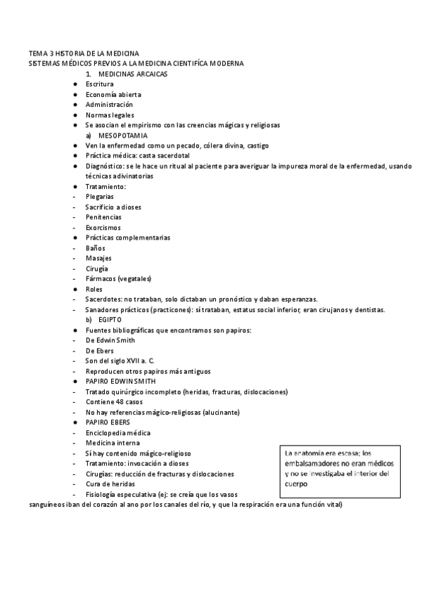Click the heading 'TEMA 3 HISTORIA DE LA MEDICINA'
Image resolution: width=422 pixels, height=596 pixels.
click(84, 53)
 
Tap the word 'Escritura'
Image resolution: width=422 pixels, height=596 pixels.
click(100, 84)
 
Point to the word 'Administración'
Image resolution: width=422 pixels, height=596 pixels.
click(109, 105)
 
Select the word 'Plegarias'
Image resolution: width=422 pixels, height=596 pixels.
click(101, 197)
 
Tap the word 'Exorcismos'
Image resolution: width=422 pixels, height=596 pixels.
click(103, 228)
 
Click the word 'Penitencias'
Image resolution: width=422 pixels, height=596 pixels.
click(103, 217)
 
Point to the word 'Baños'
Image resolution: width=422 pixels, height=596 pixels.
click(96, 248)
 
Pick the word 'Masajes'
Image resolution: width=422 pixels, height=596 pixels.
click(98, 258)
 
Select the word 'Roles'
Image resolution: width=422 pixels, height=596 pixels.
click(94, 289)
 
